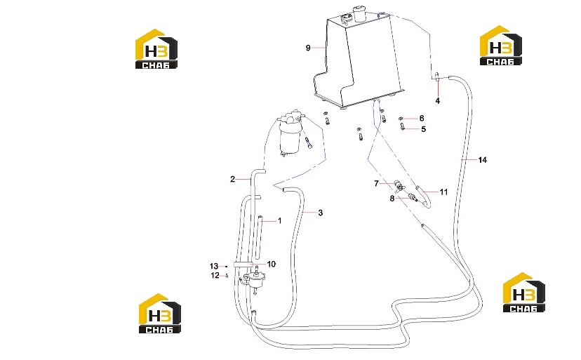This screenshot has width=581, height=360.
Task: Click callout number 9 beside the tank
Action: click(x=308, y=48)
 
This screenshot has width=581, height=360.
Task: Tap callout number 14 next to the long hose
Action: click(x=482, y=160)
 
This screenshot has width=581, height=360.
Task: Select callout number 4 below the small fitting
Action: click(x=438, y=100)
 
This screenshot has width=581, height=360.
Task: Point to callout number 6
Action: click(x=422, y=119)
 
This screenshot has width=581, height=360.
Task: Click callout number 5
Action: click(x=424, y=129)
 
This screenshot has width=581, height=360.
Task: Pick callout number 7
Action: click(x=377, y=184)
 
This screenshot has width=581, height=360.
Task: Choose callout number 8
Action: click(x=392, y=199)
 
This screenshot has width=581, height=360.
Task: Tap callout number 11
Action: click(x=443, y=192)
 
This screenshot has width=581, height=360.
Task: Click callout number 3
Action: click(x=321, y=213)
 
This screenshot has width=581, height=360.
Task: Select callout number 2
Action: click(x=232, y=180)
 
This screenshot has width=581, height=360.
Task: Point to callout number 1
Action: click(x=280, y=220)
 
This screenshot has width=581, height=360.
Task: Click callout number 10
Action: click(x=272, y=264)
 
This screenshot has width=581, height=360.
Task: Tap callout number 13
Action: click(x=214, y=266)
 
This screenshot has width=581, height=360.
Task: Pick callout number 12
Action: click(x=215, y=276)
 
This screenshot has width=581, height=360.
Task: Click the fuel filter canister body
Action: click(x=289, y=139)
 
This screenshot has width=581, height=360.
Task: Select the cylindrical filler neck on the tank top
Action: click(x=359, y=13)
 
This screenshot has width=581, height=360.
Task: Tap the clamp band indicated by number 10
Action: click(x=243, y=265)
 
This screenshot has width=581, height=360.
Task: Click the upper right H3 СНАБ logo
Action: click(x=500, y=45)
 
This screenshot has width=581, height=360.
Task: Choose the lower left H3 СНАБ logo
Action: click(x=160, y=314)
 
